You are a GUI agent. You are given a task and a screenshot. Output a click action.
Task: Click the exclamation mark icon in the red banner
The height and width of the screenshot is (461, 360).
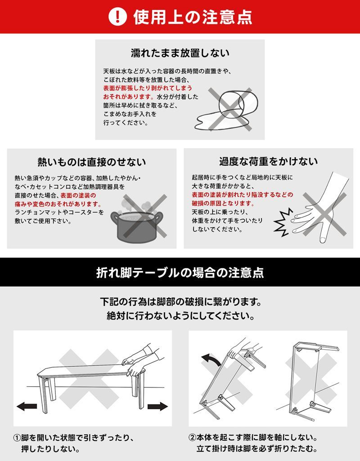pos(118,17)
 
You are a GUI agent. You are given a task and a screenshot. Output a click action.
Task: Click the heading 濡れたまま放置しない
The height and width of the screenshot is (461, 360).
pos(180,53)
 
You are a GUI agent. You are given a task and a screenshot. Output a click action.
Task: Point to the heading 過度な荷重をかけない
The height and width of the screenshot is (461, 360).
pos(268,161)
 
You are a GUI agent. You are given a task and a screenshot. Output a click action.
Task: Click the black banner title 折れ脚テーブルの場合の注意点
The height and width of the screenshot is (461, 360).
pos(180,272)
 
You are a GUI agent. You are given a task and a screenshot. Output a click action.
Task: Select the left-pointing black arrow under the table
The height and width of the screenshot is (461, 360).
pos(27,407)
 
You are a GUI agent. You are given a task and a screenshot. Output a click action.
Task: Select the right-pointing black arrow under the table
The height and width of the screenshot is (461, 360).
pos(157,407)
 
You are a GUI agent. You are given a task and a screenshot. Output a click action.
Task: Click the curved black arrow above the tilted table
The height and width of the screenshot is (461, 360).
pos(209,358)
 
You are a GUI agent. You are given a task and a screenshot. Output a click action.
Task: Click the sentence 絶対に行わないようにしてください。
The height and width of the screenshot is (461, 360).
pos(180,316)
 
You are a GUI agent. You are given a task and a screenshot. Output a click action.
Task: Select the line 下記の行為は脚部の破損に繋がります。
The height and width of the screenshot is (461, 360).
pos(180,300)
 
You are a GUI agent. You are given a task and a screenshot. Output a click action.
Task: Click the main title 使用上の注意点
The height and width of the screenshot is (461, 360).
pos(192,17)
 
